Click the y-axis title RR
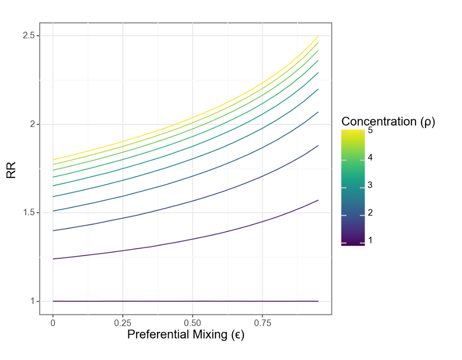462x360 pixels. [x=11, y=171]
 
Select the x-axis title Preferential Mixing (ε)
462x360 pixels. [x=186, y=335]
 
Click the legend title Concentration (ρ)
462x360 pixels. [x=388, y=121]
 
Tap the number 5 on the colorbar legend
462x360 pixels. [x=370, y=131]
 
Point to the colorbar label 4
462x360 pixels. [x=370, y=157]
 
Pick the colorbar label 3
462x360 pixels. [x=370, y=185]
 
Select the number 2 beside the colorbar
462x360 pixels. [x=370, y=213]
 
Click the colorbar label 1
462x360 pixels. [x=370, y=240]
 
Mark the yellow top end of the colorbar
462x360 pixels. [x=353, y=132]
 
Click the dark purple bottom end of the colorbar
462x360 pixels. [x=353, y=244]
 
